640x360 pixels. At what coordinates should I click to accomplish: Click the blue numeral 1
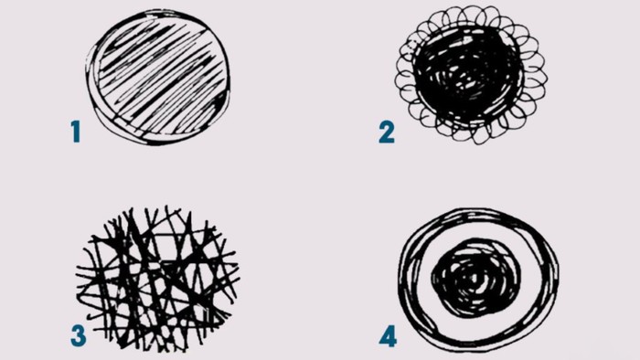[x=76, y=132]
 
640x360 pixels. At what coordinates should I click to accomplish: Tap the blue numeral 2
[x=387, y=132]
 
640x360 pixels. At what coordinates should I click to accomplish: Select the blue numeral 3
[x=79, y=335]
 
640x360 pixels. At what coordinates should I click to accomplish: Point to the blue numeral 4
[x=388, y=337]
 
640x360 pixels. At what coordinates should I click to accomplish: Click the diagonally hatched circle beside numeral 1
[x=158, y=77]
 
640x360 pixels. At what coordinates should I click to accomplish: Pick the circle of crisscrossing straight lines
[x=157, y=279]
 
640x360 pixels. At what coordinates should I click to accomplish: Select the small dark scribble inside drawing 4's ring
[x=476, y=278]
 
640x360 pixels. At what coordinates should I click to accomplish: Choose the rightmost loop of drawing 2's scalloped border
[x=538, y=77]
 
